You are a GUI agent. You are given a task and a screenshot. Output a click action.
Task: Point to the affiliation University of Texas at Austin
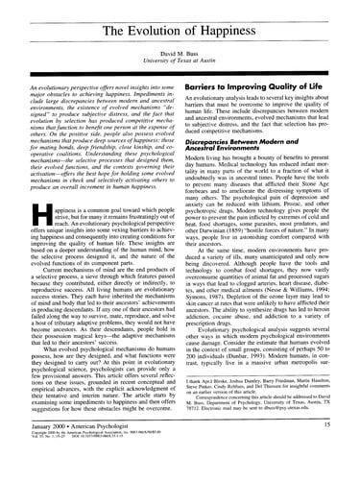coord(180,57)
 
